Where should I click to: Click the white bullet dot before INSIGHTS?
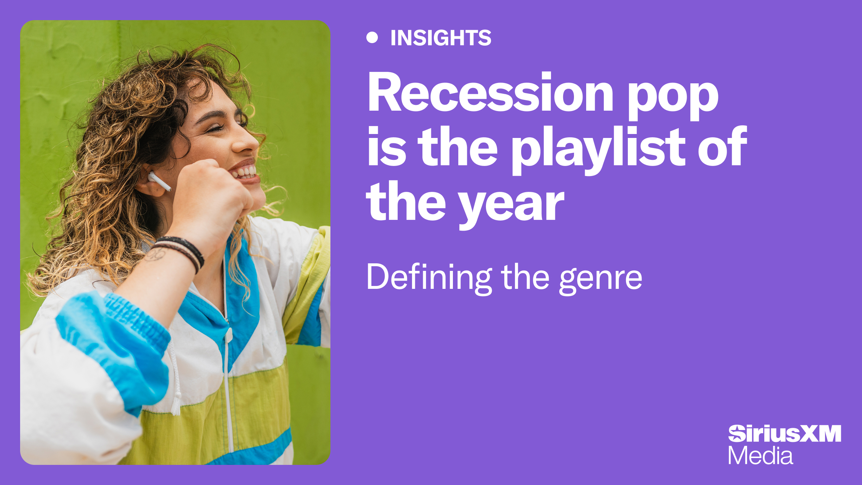pos(372,37)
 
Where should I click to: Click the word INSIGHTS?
pos(441,38)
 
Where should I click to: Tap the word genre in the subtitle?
pos(601,279)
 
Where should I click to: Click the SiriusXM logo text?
pos(784,434)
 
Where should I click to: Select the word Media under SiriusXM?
pos(760,456)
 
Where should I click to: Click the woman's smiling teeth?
pos(246,172)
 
